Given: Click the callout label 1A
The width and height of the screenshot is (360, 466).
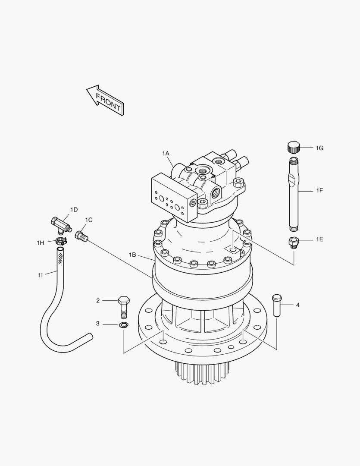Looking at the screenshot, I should click(x=166, y=154).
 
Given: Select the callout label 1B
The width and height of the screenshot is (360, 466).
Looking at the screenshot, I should click(x=132, y=255).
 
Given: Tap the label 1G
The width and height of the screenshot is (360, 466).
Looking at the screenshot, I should click(x=319, y=148).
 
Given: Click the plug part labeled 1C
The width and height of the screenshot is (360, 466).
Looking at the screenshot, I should click(x=81, y=236).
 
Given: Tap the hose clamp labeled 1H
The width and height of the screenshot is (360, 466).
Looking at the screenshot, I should click(x=61, y=241).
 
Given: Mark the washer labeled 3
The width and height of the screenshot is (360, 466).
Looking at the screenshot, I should click(x=123, y=324).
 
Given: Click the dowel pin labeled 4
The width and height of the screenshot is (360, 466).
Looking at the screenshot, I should click(x=276, y=305).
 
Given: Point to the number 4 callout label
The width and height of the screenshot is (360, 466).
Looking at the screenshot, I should click(x=297, y=305).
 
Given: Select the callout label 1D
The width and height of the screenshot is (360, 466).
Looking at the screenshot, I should click(x=74, y=210).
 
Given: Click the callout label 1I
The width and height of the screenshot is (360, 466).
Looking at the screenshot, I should click(x=40, y=275).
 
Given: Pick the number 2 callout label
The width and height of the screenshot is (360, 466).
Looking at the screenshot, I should click(x=98, y=300).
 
